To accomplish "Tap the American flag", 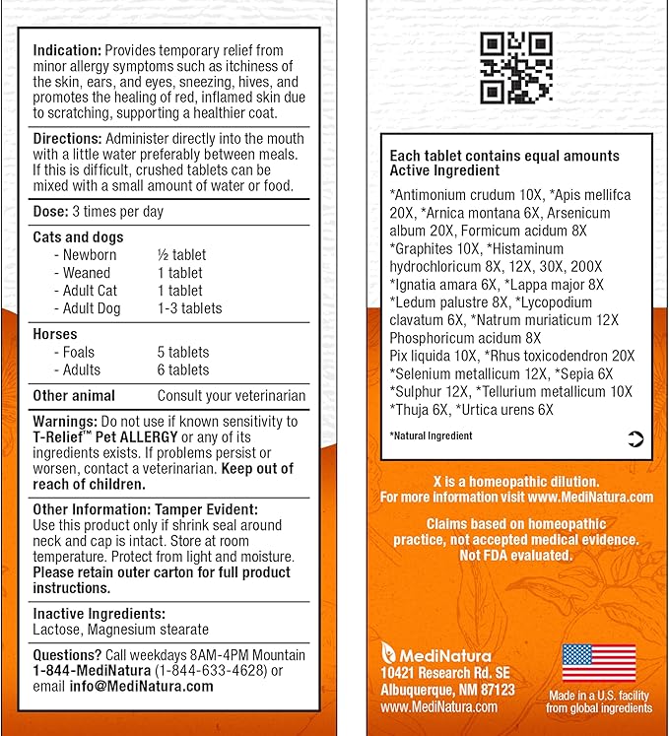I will coord(598,662).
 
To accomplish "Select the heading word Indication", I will coord(66,49).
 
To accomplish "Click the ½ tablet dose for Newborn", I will coord(180,255).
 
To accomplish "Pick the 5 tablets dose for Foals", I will coord(183,352).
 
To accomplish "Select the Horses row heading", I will coord(54,334).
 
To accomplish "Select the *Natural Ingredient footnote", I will coord(431,435).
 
